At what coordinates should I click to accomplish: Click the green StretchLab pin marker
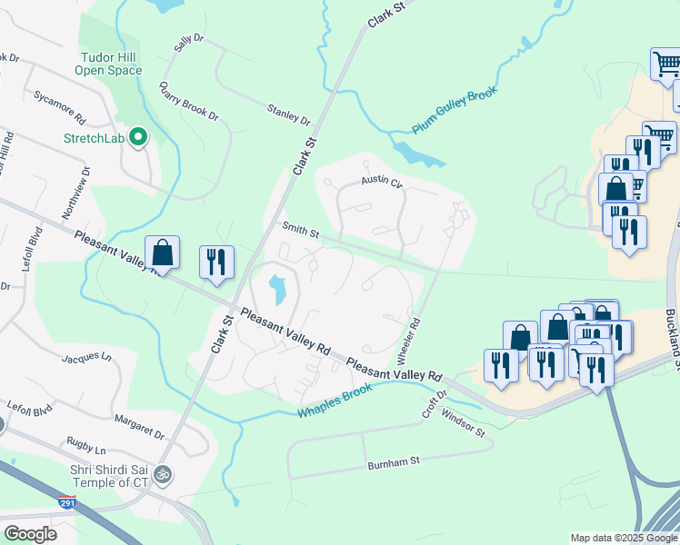pyautogui.click(x=138, y=138)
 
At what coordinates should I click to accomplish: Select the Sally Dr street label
pyautogui.click(x=188, y=48)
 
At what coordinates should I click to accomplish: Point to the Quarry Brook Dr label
pyautogui.click(x=188, y=102)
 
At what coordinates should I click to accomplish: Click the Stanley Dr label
pyautogui.click(x=288, y=114)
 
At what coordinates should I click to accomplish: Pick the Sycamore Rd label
pyautogui.click(x=58, y=106)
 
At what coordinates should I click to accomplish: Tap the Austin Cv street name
pyautogui.click(x=381, y=182)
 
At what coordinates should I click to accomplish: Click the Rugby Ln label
pyautogui.click(x=86, y=448)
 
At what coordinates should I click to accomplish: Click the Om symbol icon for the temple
pyautogui.click(x=165, y=474)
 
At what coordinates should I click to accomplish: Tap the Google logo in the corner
pyautogui.click(x=30, y=533)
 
